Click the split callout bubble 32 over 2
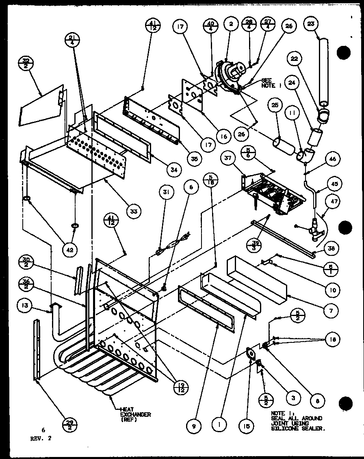click(x=26, y=64)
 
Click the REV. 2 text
click(x=41, y=438)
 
